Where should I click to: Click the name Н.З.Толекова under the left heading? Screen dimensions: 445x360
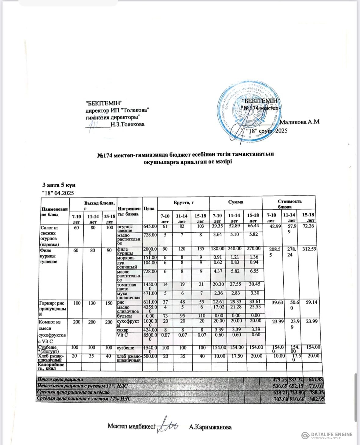[128, 124]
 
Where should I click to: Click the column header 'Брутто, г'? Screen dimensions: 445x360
[183, 202]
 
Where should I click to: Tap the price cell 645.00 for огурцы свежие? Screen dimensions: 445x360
[150, 227]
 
